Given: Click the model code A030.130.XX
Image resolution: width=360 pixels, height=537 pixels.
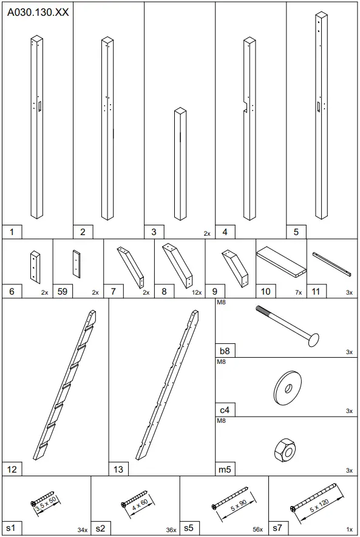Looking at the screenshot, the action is [38, 12].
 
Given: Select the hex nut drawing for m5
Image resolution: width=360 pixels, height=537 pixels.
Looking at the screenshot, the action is [285, 450].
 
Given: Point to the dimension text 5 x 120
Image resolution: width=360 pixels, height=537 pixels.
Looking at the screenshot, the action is [319, 505].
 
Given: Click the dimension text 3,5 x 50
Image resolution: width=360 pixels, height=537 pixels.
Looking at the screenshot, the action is [46, 503].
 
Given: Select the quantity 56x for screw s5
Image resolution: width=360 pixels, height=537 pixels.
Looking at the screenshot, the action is [257, 530].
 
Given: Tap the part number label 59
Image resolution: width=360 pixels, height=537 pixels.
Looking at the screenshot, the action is [63, 292].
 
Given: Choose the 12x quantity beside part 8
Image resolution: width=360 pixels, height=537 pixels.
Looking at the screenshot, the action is [197, 292].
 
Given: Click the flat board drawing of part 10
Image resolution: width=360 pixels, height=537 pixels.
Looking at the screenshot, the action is [281, 262].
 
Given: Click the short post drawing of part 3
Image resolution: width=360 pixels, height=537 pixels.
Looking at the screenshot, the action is [180, 165].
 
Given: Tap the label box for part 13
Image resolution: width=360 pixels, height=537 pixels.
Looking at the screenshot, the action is [118, 469].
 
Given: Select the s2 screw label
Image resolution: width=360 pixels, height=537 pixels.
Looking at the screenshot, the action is [100, 528].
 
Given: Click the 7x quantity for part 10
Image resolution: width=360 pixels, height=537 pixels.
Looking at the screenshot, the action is [299, 292].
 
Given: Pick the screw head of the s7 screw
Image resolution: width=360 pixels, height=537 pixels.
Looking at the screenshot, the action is [293, 509].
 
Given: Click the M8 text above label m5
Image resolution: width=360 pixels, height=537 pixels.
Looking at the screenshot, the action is [221, 420].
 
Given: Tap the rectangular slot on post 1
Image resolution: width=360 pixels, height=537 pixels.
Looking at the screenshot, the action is [40, 106].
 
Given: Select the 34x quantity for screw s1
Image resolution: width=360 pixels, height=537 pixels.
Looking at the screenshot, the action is [82, 530].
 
